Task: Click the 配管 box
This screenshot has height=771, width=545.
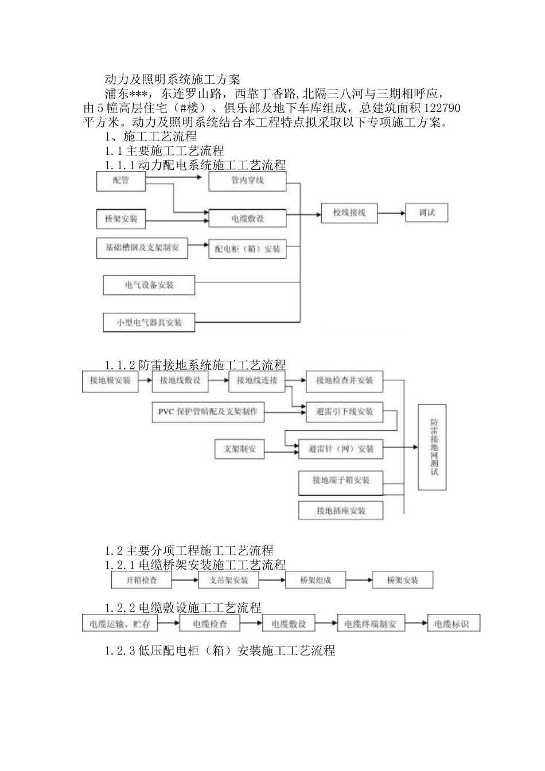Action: (121, 181)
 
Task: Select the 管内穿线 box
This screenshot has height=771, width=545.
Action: (247, 181)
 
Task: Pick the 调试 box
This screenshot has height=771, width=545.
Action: (426, 213)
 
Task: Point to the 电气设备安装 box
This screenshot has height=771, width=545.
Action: (149, 285)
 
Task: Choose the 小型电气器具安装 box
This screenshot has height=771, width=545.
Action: (149, 322)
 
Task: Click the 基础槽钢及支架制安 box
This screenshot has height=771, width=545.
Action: (142, 247)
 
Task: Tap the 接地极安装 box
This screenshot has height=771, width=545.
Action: (111, 381)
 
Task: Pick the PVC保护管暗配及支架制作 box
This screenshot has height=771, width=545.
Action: (208, 412)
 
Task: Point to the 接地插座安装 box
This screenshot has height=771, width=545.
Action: (341, 510)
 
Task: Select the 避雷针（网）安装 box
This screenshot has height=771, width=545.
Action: (341, 449)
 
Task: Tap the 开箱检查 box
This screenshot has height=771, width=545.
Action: (142, 580)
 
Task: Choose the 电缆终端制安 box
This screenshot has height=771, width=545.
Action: (373, 624)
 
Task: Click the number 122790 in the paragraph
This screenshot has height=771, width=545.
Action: (440, 108)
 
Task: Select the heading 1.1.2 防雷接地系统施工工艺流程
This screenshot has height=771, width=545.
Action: (195, 364)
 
